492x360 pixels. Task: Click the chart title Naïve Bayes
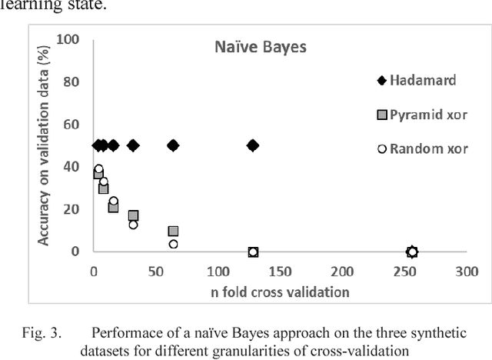pos(260,48)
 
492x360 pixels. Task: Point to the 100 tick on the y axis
pos(70,39)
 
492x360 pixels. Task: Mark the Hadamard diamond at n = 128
pos(252,145)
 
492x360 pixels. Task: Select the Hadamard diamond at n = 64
pos(173,145)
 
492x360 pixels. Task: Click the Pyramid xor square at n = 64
pos(173,231)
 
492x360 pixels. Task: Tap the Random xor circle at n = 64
pos(173,244)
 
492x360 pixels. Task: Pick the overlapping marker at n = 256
pos(412,252)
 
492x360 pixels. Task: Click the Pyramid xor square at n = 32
pos(133,216)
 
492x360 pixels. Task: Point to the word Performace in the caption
pos(125,333)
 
